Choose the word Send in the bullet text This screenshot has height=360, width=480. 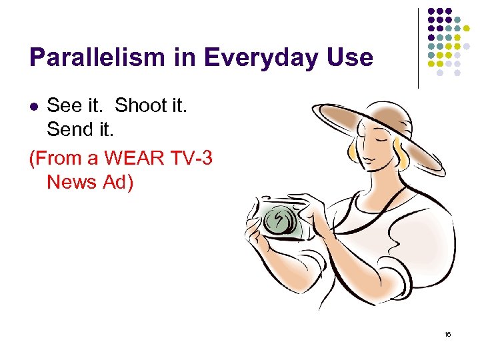tap(70, 129)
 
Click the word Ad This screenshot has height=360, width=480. tap(116, 181)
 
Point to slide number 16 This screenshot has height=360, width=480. tap(448, 334)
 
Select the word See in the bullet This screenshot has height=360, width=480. tap(64, 105)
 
